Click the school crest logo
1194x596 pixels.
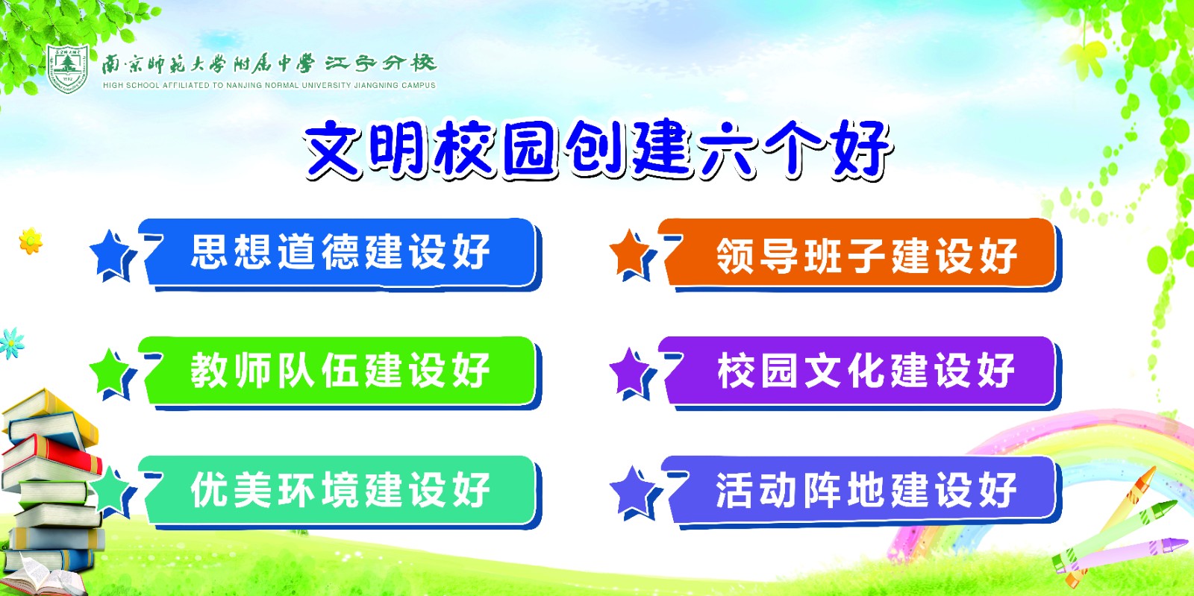(x=68, y=68)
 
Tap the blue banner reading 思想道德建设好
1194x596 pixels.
(x=340, y=254)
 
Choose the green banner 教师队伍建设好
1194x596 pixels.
(x=340, y=372)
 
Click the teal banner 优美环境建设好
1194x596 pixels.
(x=340, y=492)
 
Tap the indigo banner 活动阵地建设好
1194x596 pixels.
(x=860, y=492)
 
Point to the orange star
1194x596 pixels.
(x=631, y=254)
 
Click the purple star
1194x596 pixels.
(x=631, y=371)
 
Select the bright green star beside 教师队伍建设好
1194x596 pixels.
(x=110, y=371)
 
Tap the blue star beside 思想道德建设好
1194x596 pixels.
(x=110, y=254)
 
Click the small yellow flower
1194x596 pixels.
(x=31, y=241)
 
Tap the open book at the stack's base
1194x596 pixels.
(x=43, y=578)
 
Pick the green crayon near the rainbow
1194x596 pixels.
(x=1114, y=533)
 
